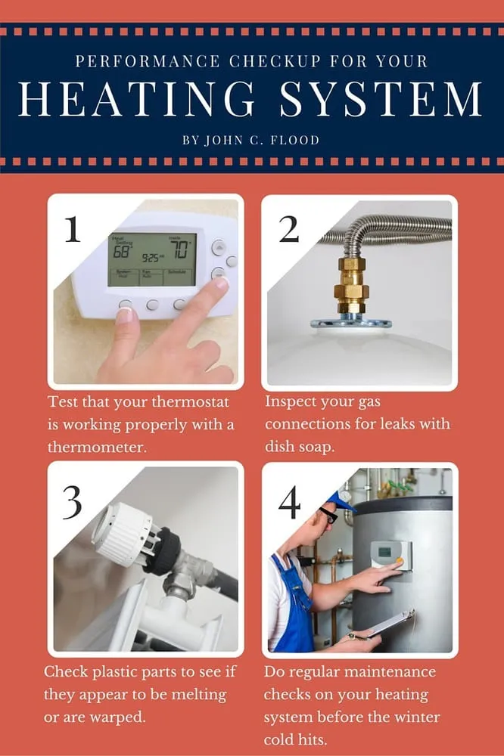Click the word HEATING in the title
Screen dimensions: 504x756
[136, 98]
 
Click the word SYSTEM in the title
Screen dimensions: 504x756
[381, 98]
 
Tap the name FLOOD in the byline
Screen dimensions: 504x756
[295, 141]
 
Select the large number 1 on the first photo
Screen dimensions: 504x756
[73, 229]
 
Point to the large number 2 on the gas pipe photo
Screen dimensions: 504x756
[289, 229]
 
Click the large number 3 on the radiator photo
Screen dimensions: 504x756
[73, 502]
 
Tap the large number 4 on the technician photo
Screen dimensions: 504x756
[290, 502]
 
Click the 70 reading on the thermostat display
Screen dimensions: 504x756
[180, 249]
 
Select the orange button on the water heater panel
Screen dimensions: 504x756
[400, 560]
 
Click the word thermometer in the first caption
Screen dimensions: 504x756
[97, 447]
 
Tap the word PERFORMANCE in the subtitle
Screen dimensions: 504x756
[148, 61]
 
